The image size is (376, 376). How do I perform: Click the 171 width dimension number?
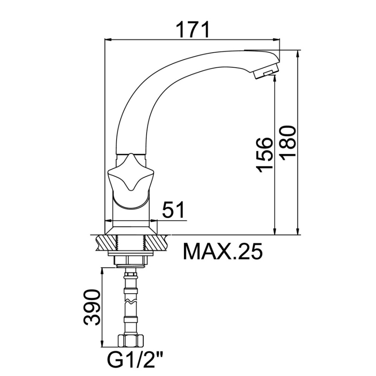click(193, 30)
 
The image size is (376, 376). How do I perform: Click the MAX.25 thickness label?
click(223, 252)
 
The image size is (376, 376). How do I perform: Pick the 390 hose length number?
click(91, 307)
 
